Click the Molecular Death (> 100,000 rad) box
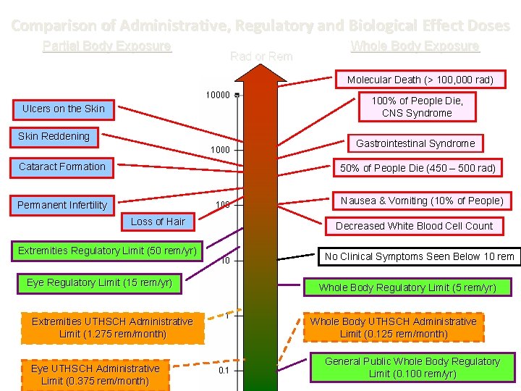point(420,80)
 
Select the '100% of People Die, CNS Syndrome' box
point(417,106)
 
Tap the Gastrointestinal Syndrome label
point(415,143)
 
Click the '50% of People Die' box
point(418,168)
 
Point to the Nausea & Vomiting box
point(422,201)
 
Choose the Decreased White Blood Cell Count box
point(414,226)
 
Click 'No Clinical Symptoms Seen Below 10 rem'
point(420,256)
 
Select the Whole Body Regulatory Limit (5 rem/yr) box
point(407,287)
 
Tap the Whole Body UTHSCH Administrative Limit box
point(394,327)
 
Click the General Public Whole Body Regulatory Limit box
point(412,367)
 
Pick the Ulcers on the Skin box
point(64,109)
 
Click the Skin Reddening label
point(54,136)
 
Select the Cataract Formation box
point(62,167)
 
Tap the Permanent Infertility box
point(62,205)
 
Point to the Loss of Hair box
point(158,222)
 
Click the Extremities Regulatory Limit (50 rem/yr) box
point(107,251)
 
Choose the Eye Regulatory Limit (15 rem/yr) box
point(99,282)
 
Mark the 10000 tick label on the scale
point(218,95)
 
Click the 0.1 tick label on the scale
point(224,371)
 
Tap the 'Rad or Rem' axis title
point(260,56)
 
